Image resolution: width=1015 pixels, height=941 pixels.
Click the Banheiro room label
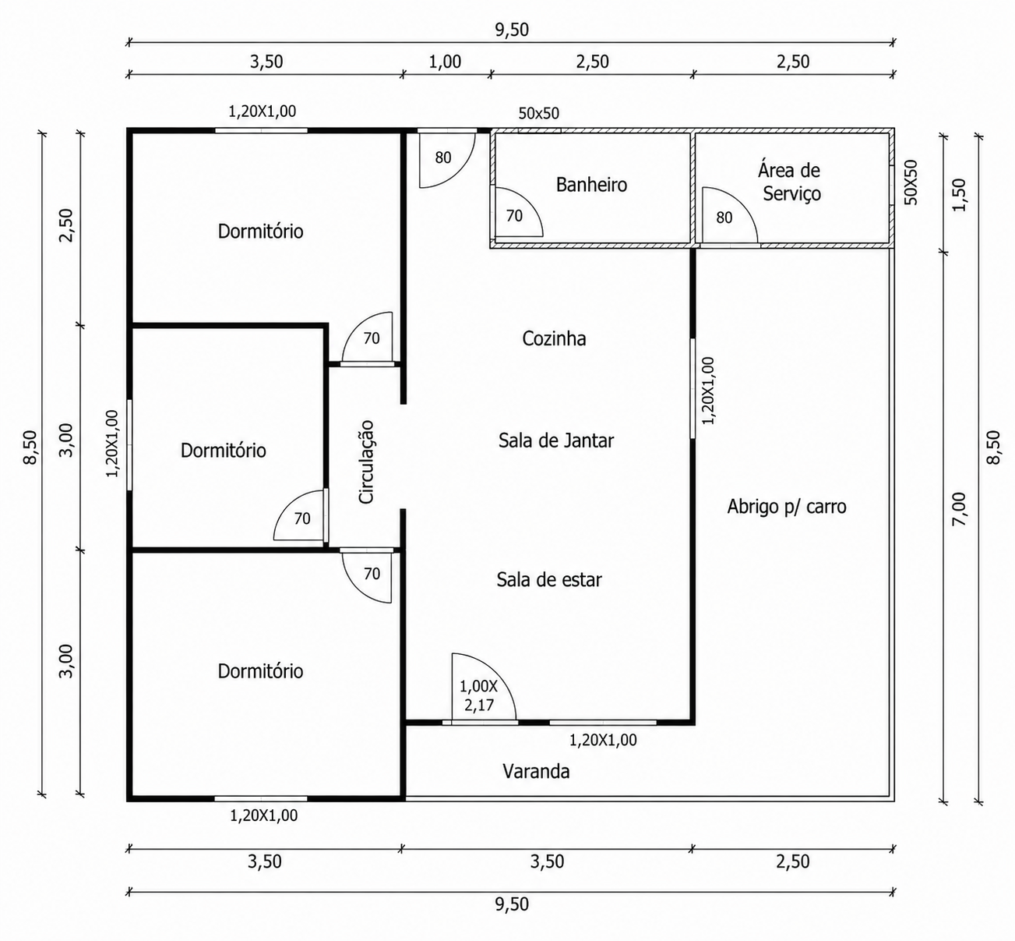591,185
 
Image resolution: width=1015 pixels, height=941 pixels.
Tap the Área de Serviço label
790,182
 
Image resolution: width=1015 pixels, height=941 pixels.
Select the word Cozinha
554,338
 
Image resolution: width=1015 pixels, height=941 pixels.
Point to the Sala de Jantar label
556,440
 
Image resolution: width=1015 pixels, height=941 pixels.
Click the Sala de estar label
549,580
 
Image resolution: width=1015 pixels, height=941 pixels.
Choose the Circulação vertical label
366,462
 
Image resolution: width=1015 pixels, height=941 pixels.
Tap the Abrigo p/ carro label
787,507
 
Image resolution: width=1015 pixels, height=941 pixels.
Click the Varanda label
536,771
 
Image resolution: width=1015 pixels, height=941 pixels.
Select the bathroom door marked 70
516,212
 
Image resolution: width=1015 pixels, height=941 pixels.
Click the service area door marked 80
730,216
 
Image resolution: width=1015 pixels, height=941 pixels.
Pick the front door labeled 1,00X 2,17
484,687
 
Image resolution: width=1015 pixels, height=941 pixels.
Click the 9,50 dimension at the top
512,30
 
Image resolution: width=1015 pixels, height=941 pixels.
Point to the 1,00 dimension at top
445,62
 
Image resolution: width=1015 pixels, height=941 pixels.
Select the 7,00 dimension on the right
960,509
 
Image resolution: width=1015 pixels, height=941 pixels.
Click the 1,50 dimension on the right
960,194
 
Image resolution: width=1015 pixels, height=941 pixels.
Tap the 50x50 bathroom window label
539,113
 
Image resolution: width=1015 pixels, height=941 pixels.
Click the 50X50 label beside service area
911,182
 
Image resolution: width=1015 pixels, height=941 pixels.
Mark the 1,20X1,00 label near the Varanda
603,740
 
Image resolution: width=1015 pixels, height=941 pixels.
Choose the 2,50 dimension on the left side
67,225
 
